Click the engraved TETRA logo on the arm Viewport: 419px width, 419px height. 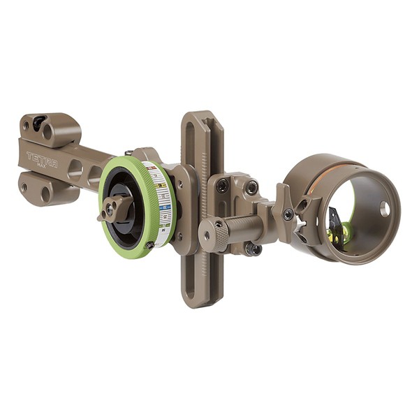pyautogui.click(x=42, y=159)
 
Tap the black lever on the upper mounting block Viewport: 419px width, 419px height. pyautogui.click(x=40, y=122)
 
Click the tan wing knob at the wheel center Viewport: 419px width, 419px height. pyautogui.click(x=114, y=208)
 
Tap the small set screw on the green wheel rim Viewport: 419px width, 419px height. pyautogui.click(x=149, y=246)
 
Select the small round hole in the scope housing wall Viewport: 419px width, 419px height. pyautogui.click(x=384, y=208)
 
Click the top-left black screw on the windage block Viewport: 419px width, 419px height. pyautogui.click(x=222, y=186)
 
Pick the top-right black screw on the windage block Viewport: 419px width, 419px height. pyautogui.click(x=251, y=187)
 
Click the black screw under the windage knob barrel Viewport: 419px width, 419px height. pyautogui.click(x=251, y=248)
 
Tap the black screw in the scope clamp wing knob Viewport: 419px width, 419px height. pyautogui.click(x=288, y=214)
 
